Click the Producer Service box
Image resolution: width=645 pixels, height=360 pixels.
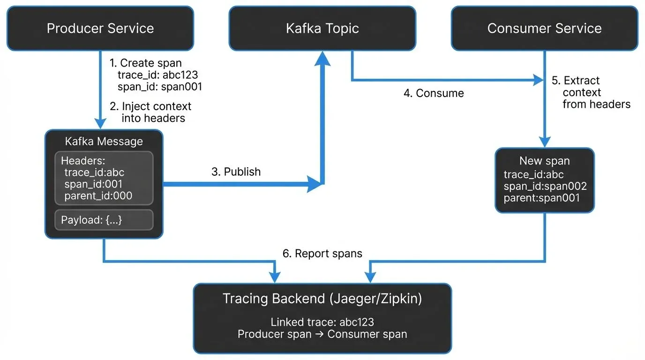click(x=100, y=28)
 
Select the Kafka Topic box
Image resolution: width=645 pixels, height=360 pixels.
click(x=322, y=28)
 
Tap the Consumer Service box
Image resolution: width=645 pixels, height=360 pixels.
click(x=544, y=28)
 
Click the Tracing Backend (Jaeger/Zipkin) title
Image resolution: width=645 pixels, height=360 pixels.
click(x=322, y=299)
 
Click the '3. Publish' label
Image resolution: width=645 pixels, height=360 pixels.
click(x=236, y=172)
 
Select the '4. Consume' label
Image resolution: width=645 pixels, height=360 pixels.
click(x=434, y=93)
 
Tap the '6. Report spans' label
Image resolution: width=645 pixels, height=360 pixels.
click(x=322, y=254)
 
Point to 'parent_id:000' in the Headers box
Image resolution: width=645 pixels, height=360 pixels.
click(x=98, y=195)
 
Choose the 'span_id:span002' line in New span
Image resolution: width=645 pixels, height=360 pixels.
click(x=545, y=186)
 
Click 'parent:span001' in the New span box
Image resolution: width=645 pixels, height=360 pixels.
click(x=541, y=198)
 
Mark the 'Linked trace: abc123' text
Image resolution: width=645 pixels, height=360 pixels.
click(x=322, y=322)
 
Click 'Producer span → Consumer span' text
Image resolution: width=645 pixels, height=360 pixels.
click(x=322, y=334)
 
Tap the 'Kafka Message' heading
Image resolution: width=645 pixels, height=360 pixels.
click(x=104, y=141)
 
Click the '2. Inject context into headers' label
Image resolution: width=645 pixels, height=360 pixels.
click(x=151, y=112)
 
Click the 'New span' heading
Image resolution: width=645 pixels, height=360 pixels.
click(x=544, y=161)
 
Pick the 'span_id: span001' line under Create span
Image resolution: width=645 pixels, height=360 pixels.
click(x=159, y=87)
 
